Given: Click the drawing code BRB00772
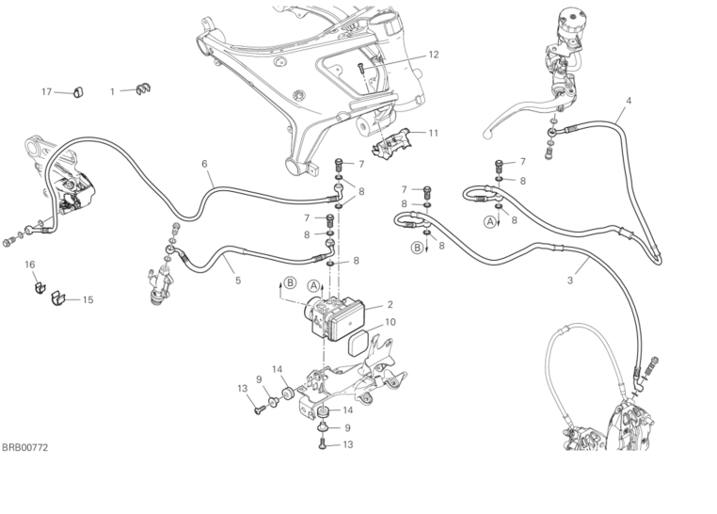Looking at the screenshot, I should pos(24,448).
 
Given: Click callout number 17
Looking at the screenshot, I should pos(46,91).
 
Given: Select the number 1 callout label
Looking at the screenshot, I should pos(112,91).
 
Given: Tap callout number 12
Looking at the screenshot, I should pos(434,55).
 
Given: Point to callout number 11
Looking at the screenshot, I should pos(434,133).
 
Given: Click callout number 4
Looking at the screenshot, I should pos(629,100).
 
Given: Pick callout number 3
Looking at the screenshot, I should pos(570,280).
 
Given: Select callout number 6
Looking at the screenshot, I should pos(204,163).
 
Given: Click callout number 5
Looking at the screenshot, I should pos(237,280).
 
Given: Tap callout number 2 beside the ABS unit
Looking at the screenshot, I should pos(390,305).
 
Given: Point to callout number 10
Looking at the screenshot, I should pos(390,321).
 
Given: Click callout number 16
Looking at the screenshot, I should pos(30,265).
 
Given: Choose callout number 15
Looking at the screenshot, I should pos(88,300).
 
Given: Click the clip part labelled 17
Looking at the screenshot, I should pos(79,92).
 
